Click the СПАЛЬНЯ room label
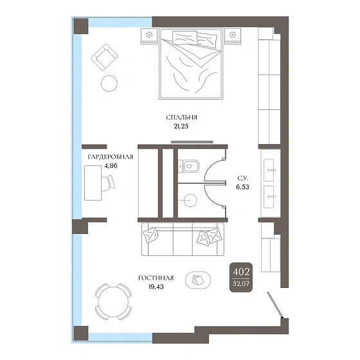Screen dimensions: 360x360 [x=181, y=117]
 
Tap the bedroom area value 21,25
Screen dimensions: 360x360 [x=181, y=126]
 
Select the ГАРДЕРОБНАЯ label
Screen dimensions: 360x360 [x=111, y=157]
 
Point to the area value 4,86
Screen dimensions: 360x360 [x=111, y=166]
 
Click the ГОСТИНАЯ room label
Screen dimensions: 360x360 [x=156, y=278]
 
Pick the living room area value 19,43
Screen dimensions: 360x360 [x=156, y=287]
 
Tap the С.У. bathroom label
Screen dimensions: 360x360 [x=243, y=179]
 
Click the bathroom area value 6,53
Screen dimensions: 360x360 [x=243, y=187]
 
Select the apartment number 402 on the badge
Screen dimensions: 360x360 [x=241, y=272]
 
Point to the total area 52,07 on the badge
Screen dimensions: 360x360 [x=241, y=283]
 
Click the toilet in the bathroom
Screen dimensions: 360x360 [x=189, y=166]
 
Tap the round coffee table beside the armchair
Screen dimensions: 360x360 [x=109, y=84]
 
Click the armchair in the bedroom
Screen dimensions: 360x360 [x=104, y=57]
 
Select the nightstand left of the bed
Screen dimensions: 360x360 [x=149, y=36]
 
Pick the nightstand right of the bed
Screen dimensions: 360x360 [x=233, y=36]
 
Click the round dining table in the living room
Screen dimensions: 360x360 [x=113, y=301]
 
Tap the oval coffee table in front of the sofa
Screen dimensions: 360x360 [x=198, y=280]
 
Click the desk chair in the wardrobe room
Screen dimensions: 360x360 [x=108, y=183]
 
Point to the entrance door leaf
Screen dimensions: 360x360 [x=275, y=305]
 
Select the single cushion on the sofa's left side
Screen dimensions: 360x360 [x=150, y=235]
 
